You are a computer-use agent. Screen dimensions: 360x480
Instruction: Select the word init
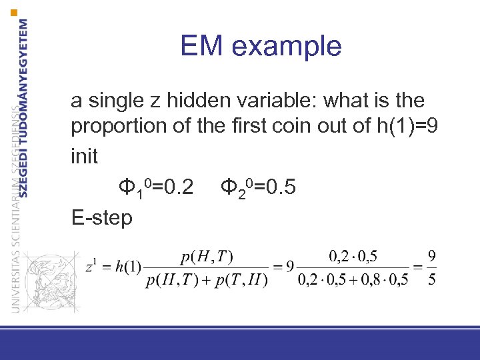pos(84,157)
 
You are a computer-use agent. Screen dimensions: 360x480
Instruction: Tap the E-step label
pos(101,217)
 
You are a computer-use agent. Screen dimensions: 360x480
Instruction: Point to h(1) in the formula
pos(128,267)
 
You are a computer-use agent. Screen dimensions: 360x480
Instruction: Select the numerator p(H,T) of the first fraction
pos(207,256)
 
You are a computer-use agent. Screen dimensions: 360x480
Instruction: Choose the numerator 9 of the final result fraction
pos(432,255)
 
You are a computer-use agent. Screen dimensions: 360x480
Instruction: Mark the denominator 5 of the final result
pos(432,279)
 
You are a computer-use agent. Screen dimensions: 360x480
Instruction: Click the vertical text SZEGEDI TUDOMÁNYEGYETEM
pos(24,107)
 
